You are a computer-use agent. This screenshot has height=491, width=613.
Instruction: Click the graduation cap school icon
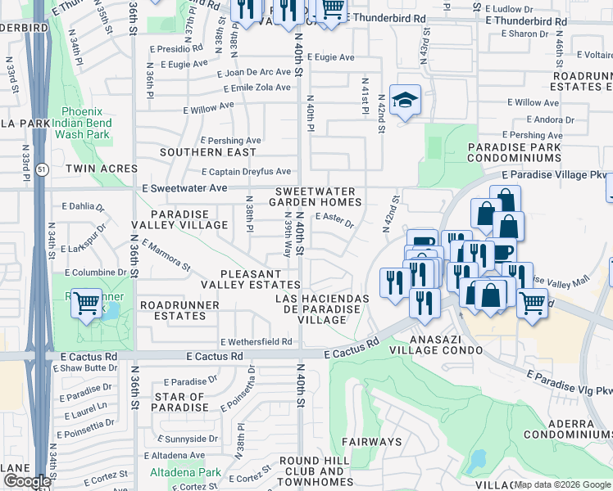click(404, 101)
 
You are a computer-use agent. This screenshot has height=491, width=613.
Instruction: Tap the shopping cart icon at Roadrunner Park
click(86, 304)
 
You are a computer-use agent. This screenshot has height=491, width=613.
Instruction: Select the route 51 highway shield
click(40, 169)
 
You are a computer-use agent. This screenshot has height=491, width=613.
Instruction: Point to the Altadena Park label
click(185, 472)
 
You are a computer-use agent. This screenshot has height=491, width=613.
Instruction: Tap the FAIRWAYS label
click(372, 442)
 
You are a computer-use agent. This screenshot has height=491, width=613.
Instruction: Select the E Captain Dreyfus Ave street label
click(246, 172)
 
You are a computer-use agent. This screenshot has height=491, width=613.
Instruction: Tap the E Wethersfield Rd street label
click(257, 342)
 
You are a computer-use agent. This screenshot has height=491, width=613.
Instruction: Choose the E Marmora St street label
click(166, 255)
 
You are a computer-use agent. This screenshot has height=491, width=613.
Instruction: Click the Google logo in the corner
click(26, 481)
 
